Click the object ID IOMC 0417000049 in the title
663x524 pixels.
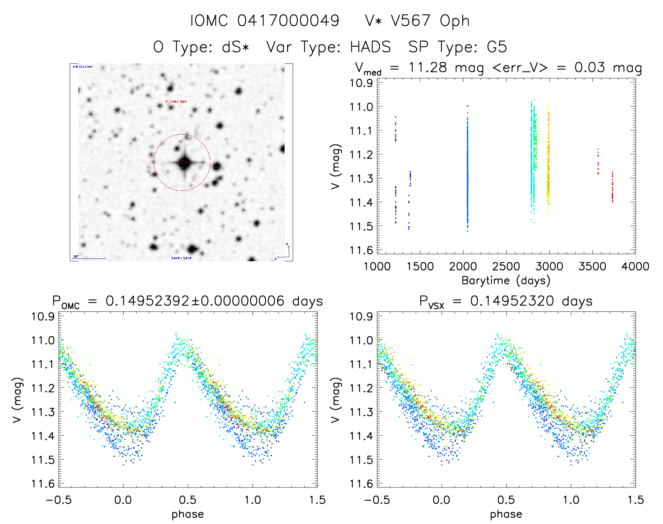coord(265,21)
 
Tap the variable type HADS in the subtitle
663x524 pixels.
coord(370,47)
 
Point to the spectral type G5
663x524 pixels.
coord(497,47)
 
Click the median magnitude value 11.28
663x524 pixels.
coord(427,67)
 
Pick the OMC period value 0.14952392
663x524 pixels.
coord(147,301)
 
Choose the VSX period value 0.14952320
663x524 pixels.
coord(512,301)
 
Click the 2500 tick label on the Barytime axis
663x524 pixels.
coord(506,267)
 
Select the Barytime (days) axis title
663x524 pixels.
coord(506,281)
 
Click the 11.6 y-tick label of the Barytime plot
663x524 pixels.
coord(361,250)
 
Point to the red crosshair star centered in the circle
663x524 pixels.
coord(183,163)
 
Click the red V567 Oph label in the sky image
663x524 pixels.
coord(176,102)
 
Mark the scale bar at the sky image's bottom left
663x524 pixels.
coord(89,258)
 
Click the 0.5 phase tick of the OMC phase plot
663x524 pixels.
coord(188,500)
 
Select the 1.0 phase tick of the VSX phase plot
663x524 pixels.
coord(571,500)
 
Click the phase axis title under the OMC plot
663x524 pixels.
coord(188,514)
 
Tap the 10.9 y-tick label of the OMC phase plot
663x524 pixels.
coord(43,317)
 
